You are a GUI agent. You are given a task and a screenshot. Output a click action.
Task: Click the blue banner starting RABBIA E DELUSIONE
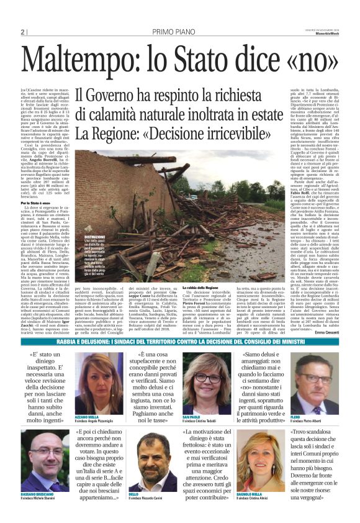point(180,342)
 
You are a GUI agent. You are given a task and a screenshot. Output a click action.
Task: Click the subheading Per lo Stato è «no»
point(34,203)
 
